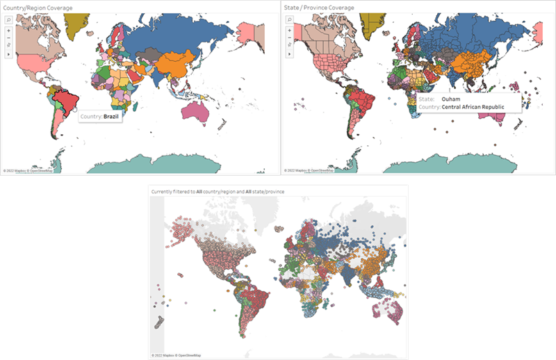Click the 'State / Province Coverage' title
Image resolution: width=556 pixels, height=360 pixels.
319,7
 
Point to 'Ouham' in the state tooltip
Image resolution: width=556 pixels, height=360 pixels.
450,99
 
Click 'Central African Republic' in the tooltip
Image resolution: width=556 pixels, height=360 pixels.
479,107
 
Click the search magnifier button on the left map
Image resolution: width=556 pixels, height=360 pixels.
8,21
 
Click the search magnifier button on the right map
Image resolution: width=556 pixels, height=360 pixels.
288,21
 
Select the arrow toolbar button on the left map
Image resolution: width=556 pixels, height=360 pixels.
8,54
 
